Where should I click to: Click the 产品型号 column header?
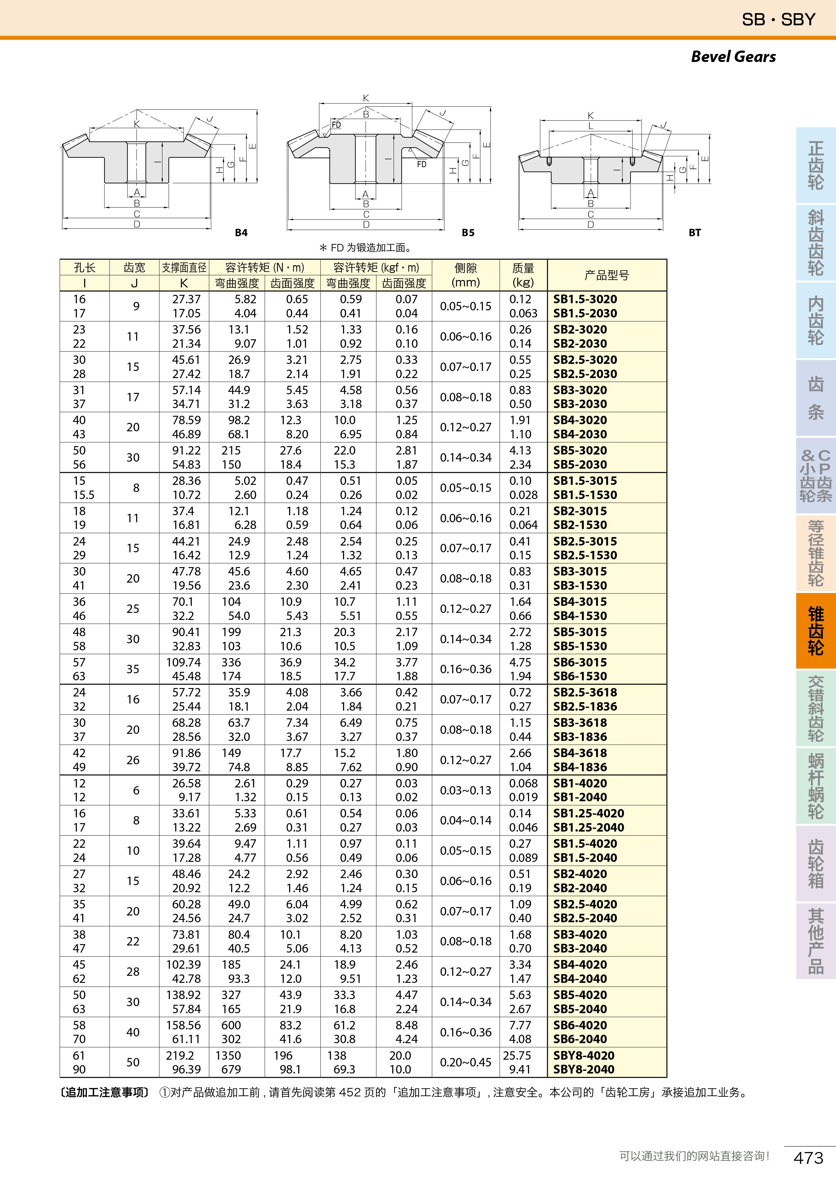point(607,275)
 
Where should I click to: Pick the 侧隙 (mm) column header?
point(465,275)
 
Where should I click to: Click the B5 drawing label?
point(467,233)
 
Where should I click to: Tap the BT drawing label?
point(694,233)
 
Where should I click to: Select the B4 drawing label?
point(241,233)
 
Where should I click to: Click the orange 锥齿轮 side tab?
point(815,631)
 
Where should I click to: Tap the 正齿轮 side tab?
point(815,165)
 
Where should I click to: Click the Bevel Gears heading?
point(733,57)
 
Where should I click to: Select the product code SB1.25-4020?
point(588,813)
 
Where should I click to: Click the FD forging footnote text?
point(366,248)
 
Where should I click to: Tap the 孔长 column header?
point(85,268)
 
